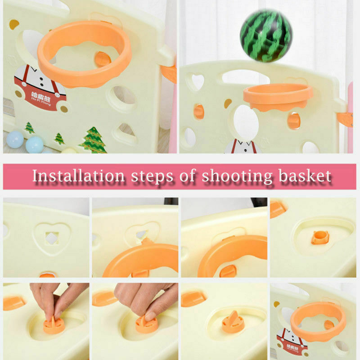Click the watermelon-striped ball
[x=266, y=36]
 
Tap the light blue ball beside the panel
[x=34, y=144]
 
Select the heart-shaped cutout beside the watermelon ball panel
[x=197, y=82]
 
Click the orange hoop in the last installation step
[x=318, y=317]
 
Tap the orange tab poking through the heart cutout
[x=145, y=242]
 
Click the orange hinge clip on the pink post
[x=345, y=119]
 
